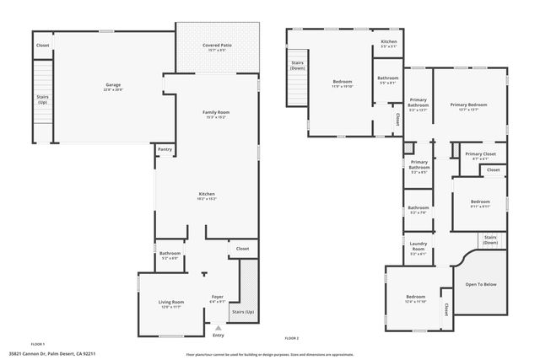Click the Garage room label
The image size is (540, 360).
112,85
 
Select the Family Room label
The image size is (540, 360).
216,112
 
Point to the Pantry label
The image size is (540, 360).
165,150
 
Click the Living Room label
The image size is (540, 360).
171,301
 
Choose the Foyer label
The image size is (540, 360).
217,297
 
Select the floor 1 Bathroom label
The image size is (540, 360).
170,253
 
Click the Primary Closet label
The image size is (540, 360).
480,154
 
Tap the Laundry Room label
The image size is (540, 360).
418,247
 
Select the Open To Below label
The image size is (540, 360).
481,284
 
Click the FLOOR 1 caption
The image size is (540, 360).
38,345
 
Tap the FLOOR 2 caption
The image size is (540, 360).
292,338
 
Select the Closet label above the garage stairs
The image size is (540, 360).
42,45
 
